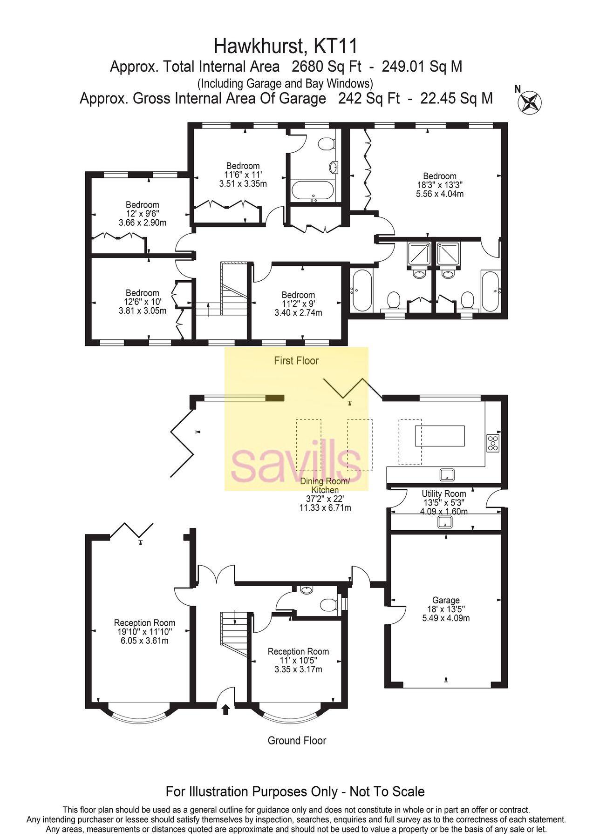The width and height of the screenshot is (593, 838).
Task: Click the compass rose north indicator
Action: click(530, 101)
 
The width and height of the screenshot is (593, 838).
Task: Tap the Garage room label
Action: click(446, 609)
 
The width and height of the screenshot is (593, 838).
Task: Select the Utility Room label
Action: click(443, 502)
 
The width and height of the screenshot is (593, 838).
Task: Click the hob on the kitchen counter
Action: click(493, 443)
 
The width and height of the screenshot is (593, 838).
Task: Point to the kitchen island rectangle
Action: click(440, 436)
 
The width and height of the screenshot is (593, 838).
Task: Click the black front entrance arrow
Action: click(226, 709)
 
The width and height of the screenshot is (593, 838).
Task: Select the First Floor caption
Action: click(296, 360)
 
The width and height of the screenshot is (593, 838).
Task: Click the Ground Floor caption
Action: click(297, 740)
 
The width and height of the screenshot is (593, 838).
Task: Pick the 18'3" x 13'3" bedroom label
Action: click(440, 185)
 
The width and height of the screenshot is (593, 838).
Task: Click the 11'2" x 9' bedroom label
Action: click(298, 304)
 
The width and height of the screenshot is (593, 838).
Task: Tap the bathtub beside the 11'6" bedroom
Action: click(313, 191)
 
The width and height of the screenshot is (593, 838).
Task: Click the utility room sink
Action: click(445, 522)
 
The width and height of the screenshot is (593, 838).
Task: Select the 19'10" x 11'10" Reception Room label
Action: click(144, 631)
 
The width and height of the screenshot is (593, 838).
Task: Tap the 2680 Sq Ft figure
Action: click(326, 67)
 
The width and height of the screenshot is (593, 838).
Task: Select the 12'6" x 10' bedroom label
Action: click(143, 301)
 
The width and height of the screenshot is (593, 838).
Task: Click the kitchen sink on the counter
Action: click(447, 474)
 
